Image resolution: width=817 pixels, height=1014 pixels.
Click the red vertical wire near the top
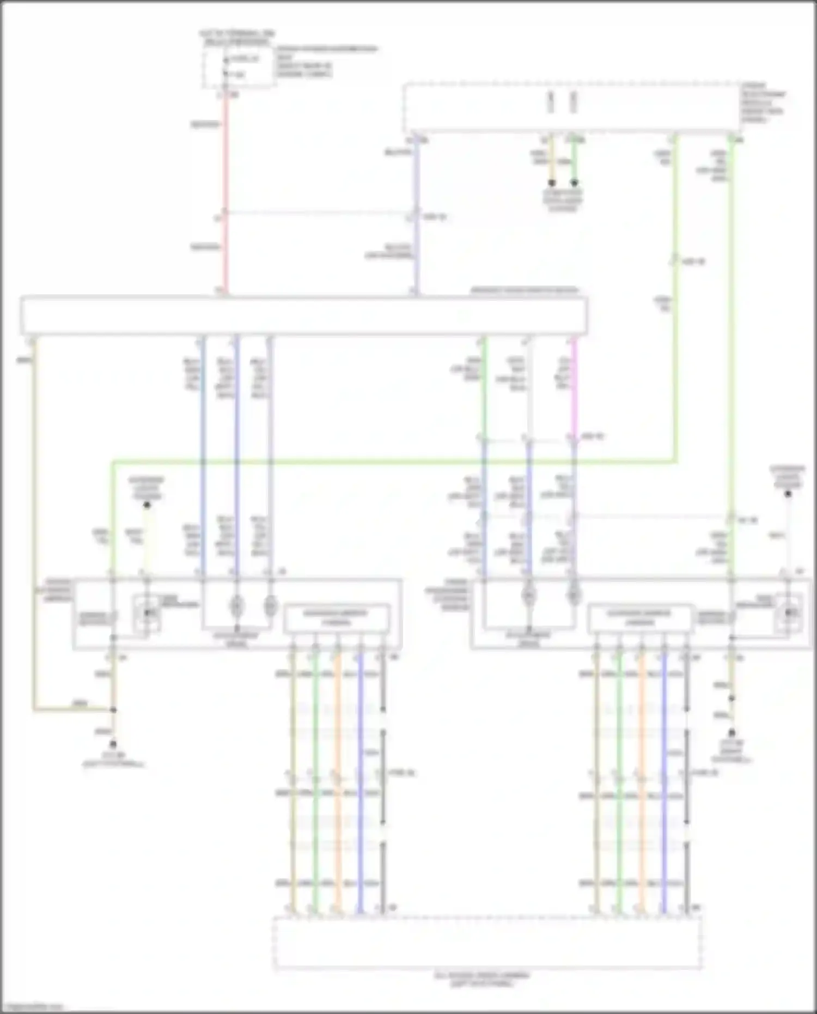[x=226, y=163]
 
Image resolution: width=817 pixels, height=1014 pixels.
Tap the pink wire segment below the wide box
[x=574, y=387]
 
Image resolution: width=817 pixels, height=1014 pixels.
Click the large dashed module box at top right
[x=572, y=108]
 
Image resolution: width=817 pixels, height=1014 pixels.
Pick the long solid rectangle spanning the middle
[x=303, y=315]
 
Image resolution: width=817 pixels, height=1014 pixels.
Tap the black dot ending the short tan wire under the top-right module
[x=552, y=183]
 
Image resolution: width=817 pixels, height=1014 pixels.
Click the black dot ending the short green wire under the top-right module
[x=574, y=183]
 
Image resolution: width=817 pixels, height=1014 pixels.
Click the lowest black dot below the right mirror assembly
[x=732, y=733]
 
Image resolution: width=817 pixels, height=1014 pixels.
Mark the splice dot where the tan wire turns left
[x=113, y=710]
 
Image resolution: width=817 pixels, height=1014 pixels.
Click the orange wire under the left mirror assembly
[x=338, y=763]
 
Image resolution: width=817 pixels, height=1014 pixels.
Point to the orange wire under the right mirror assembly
[x=642, y=763]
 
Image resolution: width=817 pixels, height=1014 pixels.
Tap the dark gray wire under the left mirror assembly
[x=383, y=763]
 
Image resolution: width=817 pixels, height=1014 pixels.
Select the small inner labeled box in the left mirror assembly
[x=337, y=618]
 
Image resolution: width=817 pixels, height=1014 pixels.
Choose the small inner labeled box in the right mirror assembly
[x=640, y=618]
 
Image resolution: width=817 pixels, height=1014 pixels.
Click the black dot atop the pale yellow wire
[x=147, y=505]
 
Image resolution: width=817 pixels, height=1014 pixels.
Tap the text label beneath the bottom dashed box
[x=482, y=979]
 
